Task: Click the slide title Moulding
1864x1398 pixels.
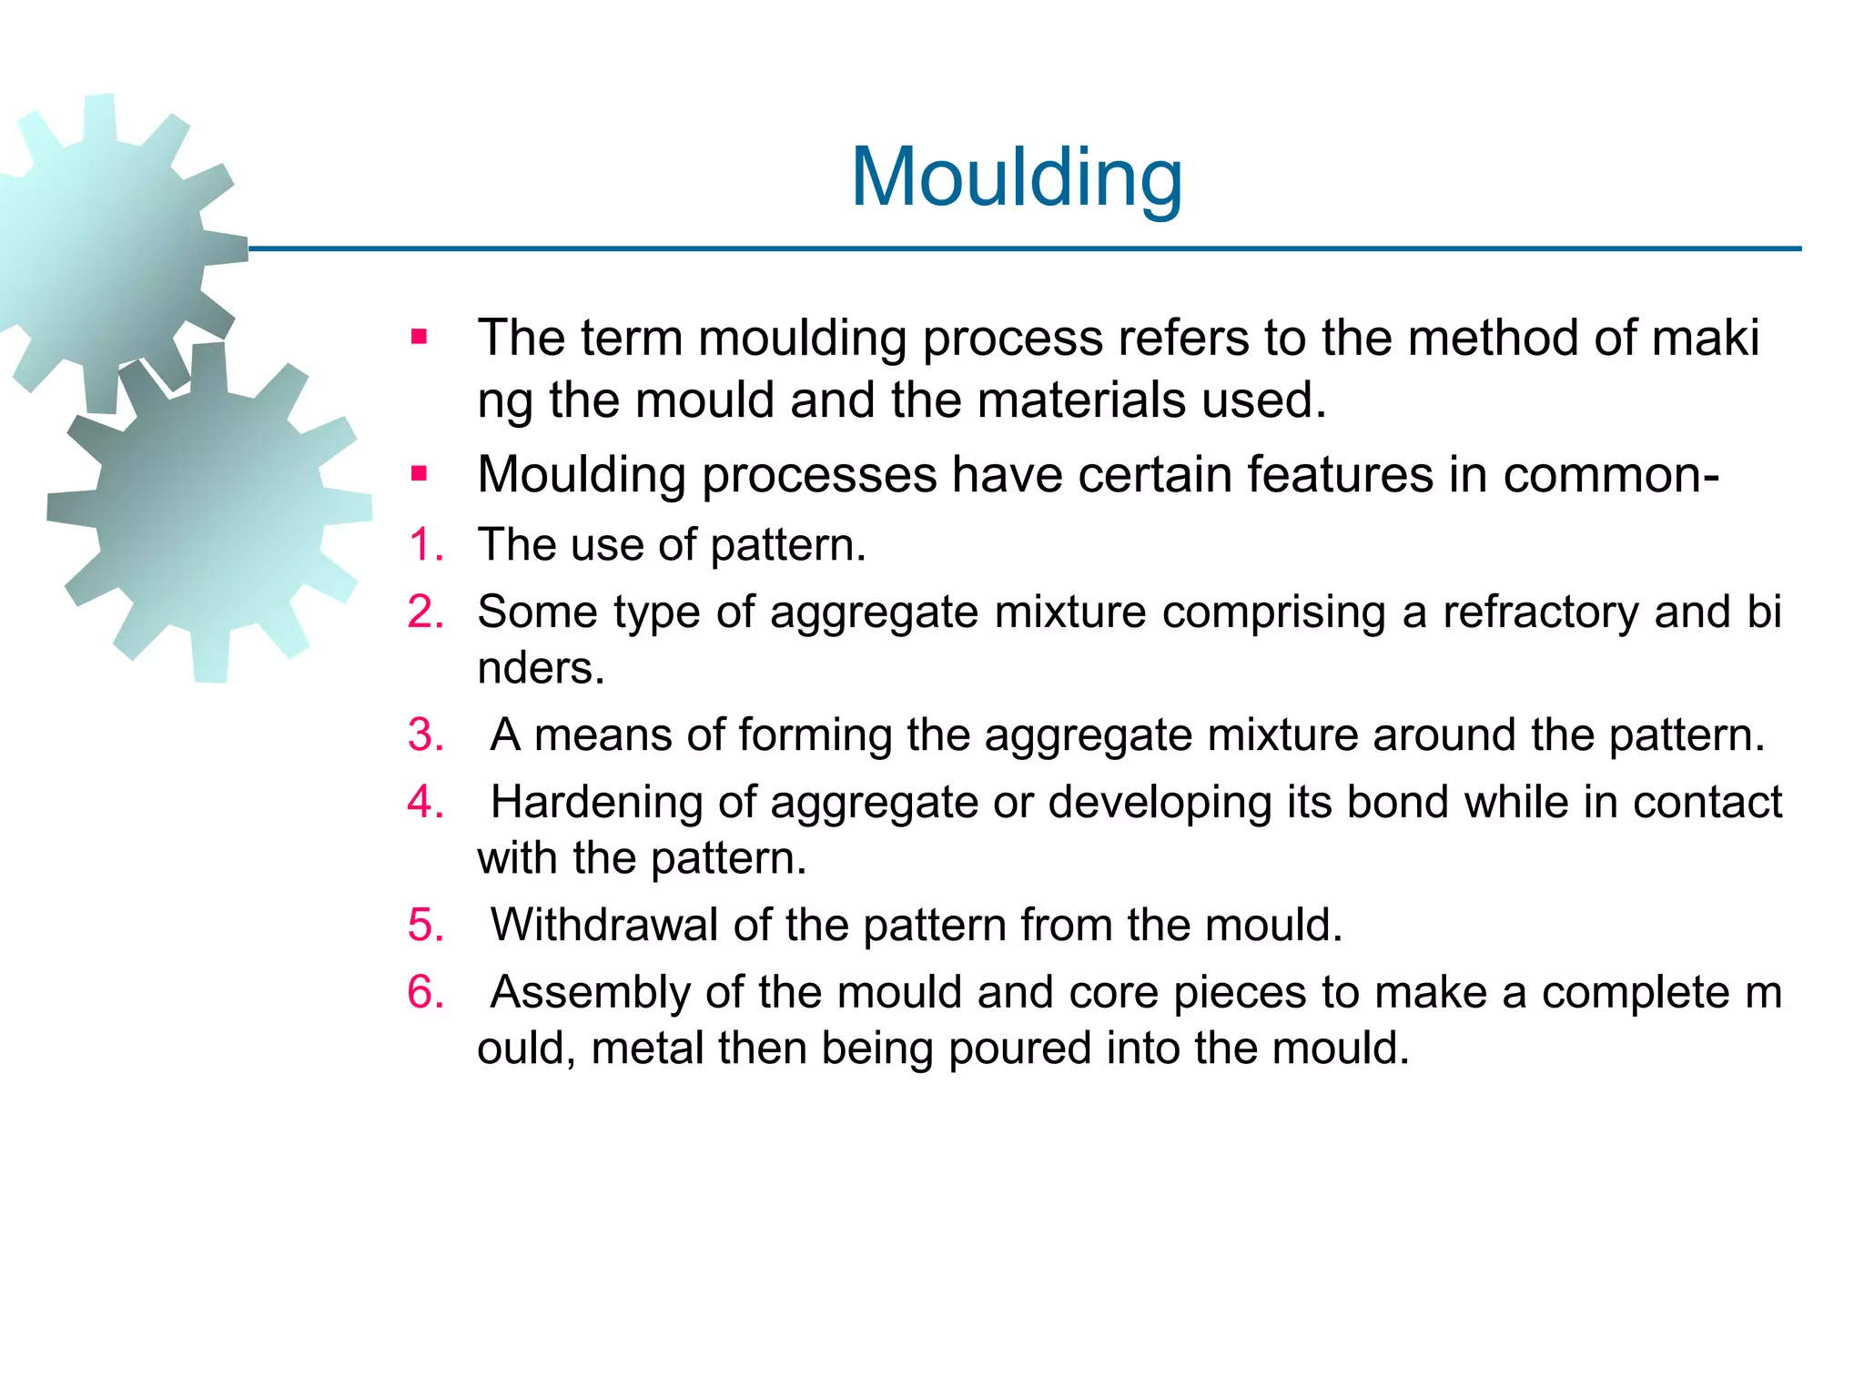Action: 1016,177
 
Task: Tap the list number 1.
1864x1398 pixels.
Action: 425,545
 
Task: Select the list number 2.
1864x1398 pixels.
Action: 425,612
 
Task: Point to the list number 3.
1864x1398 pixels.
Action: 425,734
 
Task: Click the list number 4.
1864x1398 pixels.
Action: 425,802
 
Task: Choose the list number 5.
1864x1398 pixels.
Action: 425,925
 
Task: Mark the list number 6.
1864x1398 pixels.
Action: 425,992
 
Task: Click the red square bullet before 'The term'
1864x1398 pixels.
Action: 419,338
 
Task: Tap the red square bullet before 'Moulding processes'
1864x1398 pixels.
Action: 419,474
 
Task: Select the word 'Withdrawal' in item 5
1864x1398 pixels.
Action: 604,925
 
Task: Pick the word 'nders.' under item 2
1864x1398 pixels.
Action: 541,668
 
